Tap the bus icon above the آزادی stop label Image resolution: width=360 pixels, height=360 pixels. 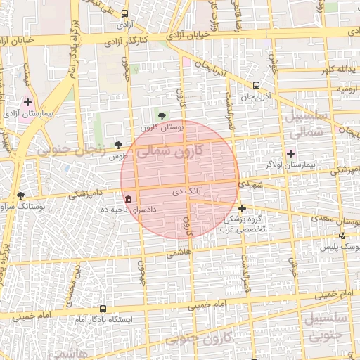pyautogui.click(x=125, y=13)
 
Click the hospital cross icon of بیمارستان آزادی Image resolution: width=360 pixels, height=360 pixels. pyautogui.click(x=27, y=103)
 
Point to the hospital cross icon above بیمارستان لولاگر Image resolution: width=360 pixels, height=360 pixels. pyautogui.click(x=290, y=153)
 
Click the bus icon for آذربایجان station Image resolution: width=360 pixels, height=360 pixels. pyautogui.click(x=255, y=85)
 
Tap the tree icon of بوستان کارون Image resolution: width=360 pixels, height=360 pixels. pyautogui.click(x=162, y=116)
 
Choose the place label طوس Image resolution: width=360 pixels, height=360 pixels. pyautogui.click(x=117, y=155)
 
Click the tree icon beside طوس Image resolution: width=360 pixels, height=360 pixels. pyautogui.click(x=117, y=145)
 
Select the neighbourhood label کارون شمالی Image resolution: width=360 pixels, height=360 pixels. pyautogui.click(x=168, y=151)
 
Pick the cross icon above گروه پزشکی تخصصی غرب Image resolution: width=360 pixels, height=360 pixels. pyautogui.click(x=242, y=208)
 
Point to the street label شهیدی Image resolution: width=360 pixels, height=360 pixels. pyautogui.click(x=250, y=184)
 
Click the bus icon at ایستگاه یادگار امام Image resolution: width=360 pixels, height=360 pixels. pyautogui.click(x=103, y=309)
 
